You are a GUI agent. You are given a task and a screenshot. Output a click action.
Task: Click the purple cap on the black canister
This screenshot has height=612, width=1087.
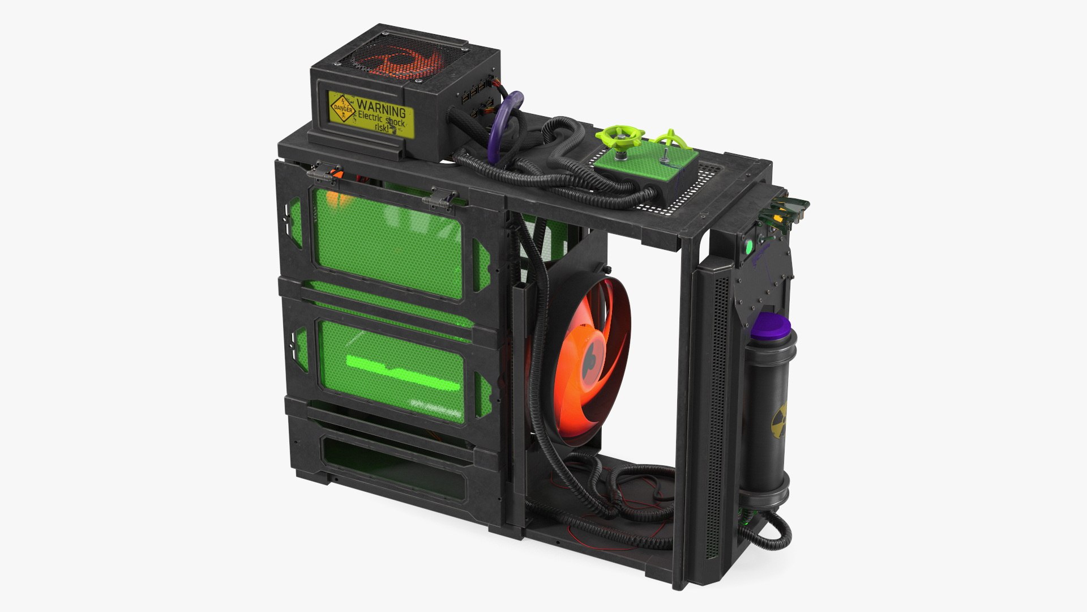[x=773, y=325]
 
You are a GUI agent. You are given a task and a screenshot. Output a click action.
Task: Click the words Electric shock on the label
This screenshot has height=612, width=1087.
[x=382, y=121]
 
